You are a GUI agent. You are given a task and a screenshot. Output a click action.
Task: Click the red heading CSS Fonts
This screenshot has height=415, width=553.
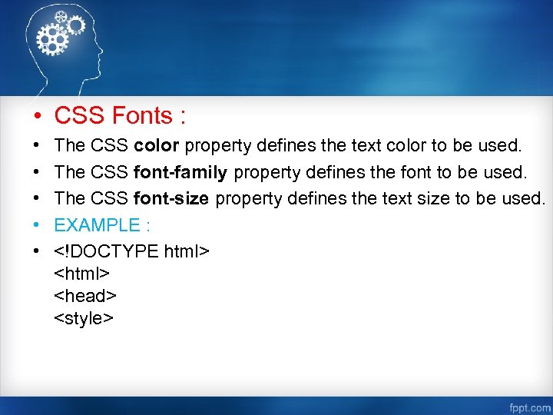pyautogui.click(x=120, y=116)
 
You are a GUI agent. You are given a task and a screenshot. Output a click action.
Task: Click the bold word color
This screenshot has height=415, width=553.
pyautogui.click(x=157, y=144)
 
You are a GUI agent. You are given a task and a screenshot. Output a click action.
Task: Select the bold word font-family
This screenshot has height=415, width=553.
pyautogui.click(x=180, y=171)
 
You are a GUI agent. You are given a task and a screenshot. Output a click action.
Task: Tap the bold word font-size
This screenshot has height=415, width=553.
pyautogui.click(x=171, y=198)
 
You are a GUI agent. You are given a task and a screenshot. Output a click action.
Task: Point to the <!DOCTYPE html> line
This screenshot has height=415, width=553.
pyautogui.click(x=131, y=251)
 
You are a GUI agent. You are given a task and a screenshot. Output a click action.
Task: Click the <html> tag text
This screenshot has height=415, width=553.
pyautogui.click(x=82, y=273)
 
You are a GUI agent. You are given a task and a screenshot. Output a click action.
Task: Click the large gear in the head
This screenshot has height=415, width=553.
pyautogui.click(x=53, y=38)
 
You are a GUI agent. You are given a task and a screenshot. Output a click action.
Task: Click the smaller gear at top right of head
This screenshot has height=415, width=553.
pyautogui.click(x=75, y=25)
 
